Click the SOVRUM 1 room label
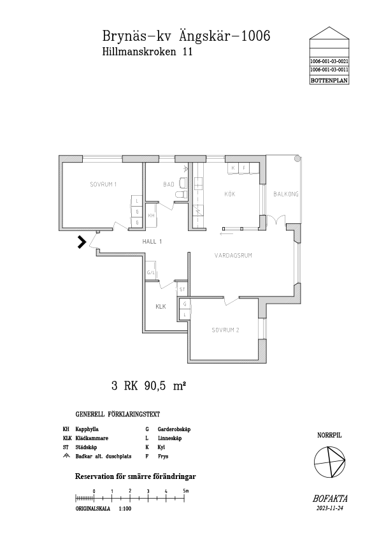103,184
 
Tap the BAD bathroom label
169,184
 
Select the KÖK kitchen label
230,194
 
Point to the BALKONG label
286,194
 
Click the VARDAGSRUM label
233,255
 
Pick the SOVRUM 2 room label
225,330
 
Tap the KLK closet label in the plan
161,307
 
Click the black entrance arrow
82,242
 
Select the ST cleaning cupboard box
182,290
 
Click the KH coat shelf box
151,216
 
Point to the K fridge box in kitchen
233,168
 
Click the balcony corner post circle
297,159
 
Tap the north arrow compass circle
330,462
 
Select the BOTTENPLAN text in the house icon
329,81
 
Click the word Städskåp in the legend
86,447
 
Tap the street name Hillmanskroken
139,52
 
